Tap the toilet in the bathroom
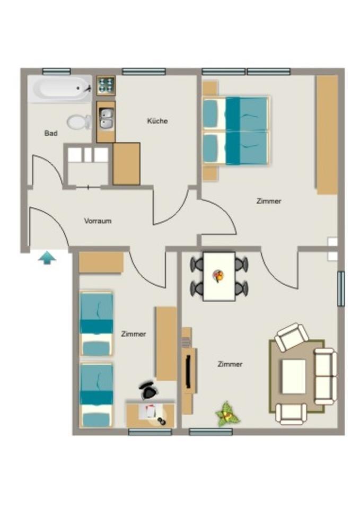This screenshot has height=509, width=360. (79, 122)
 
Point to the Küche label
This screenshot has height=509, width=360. (157, 121)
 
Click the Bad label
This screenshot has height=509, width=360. (51, 133)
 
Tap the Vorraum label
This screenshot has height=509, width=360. (98, 221)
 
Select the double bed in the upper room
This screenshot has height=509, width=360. (236, 130)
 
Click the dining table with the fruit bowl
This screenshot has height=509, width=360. (219, 276)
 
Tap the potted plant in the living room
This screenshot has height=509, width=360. (227, 413)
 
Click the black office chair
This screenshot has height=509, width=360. (149, 391)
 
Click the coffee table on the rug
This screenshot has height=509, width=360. (293, 376)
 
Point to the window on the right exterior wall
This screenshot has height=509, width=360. (341, 289)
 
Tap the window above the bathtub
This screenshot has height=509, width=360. (56, 72)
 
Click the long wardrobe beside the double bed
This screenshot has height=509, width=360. (327, 135)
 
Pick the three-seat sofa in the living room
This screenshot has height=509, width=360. (325, 376)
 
